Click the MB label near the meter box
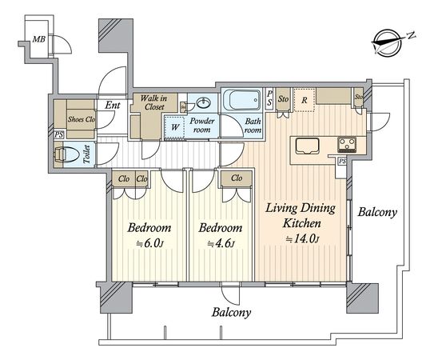pyautogui.click(x=38, y=39)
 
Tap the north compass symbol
pyautogui.click(x=389, y=43)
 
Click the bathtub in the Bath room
pyautogui.click(x=242, y=100)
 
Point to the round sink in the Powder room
pyautogui.click(x=204, y=103)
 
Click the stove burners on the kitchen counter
pyautogui.click(x=347, y=145)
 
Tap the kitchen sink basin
pyautogui.click(x=307, y=146)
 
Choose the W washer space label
pyautogui.click(x=175, y=127)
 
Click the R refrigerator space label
pyautogui.click(x=305, y=100)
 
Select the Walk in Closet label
pyautogui.click(x=154, y=102)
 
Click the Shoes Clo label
pyautogui.click(x=82, y=119)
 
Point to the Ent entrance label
pyautogui.click(x=113, y=105)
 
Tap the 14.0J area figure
pyautogui.click(x=302, y=239)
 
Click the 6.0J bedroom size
pyautogui.click(x=149, y=243)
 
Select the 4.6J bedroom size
pyautogui.click(x=221, y=243)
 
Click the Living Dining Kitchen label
pyautogui.click(x=301, y=215)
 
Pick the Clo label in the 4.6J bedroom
pyautogui.click(x=237, y=178)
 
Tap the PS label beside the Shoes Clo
pyautogui.click(x=58, y=135)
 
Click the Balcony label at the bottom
pyautogui.click(x=231, y=312)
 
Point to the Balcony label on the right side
pyautogui.click(x=377, y=212)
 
